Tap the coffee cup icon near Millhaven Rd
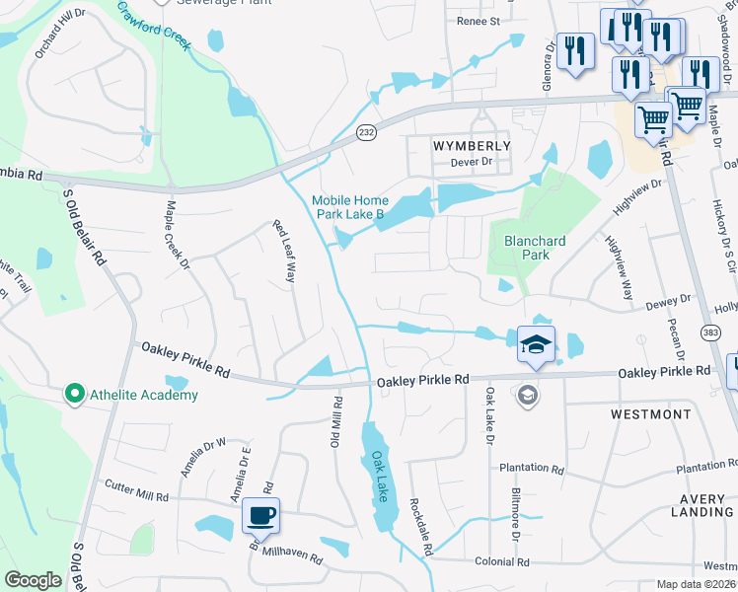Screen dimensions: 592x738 pyautogui.click(x=260, y=515)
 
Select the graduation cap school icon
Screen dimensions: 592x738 pyautogui.click(x=536, y=344)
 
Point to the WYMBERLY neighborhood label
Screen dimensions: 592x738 pyautogui.click(x=473, y=146)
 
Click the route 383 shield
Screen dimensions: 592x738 pyautogui.click(x=710, y=334)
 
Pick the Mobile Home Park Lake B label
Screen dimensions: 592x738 pyautogui.click(x=347, y=206)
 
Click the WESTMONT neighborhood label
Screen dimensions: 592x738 pyautogui.click(x=650, y=414)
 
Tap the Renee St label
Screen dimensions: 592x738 pyautogui.click(x=479, y=21)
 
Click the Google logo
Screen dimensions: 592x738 pyautogui.click(x=33, y=580)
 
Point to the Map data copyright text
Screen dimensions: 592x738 pyautogui.click(x=697, y=584)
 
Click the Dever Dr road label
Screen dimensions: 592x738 pyautogui.click(x=471, y=162)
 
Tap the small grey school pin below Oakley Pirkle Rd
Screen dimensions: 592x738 pyautogui.click(x=528, y=395)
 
